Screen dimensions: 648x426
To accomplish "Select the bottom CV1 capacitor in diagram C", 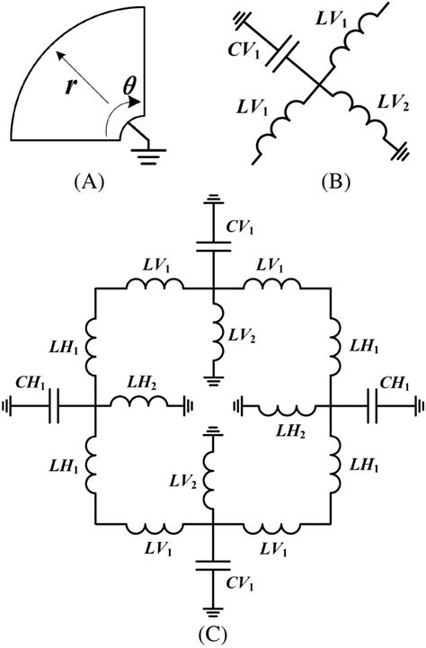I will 214,566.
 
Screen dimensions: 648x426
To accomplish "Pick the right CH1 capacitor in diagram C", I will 370,406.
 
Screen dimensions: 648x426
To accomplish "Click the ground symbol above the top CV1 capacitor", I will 214,200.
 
